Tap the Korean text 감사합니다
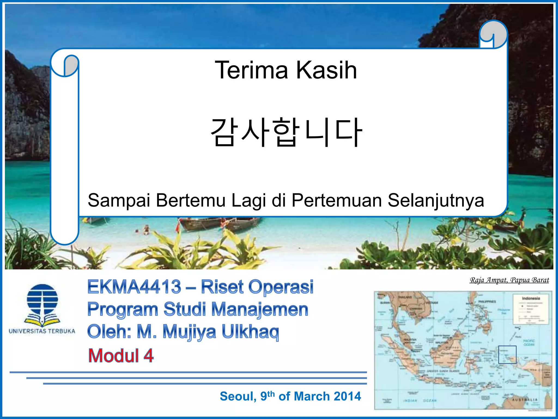click(286, 132)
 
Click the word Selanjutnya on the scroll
click(436, 200)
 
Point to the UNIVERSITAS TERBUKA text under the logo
click(42, 331)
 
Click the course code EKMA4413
click(134, 287)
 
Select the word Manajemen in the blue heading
click(260, 309)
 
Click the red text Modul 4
click(121, 356)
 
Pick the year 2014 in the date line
click(347, 396)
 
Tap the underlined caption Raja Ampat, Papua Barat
click(509, 280)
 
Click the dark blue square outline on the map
click(507, 355)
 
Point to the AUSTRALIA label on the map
click(524, 400)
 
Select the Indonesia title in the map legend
click(531, 298)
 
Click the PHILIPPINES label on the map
click(487, 302)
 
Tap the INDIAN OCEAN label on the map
click(420, 400)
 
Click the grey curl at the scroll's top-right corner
click(493, 34)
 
